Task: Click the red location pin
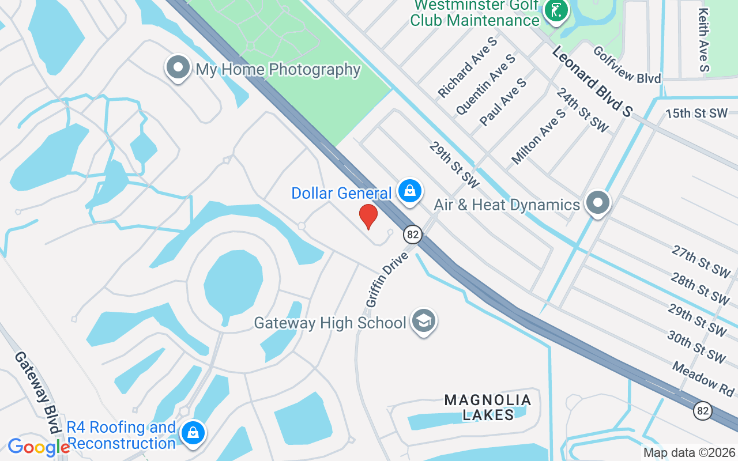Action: (368, 217)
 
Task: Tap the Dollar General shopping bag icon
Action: (409, 191)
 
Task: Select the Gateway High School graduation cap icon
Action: (424, 321)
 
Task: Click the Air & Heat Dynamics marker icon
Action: (598, 203)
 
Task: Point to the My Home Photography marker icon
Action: (178, 68)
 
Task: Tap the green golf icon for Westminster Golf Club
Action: (556, 10)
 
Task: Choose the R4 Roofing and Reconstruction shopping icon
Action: (193, 433)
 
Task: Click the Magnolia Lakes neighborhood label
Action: (488, 407)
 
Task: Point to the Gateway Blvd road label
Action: (37, 392)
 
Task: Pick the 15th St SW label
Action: (696, 113)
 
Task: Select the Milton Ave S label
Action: (539, 137)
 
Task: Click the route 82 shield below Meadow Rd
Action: (703, 411)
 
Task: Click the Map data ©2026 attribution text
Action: (690, 453)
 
